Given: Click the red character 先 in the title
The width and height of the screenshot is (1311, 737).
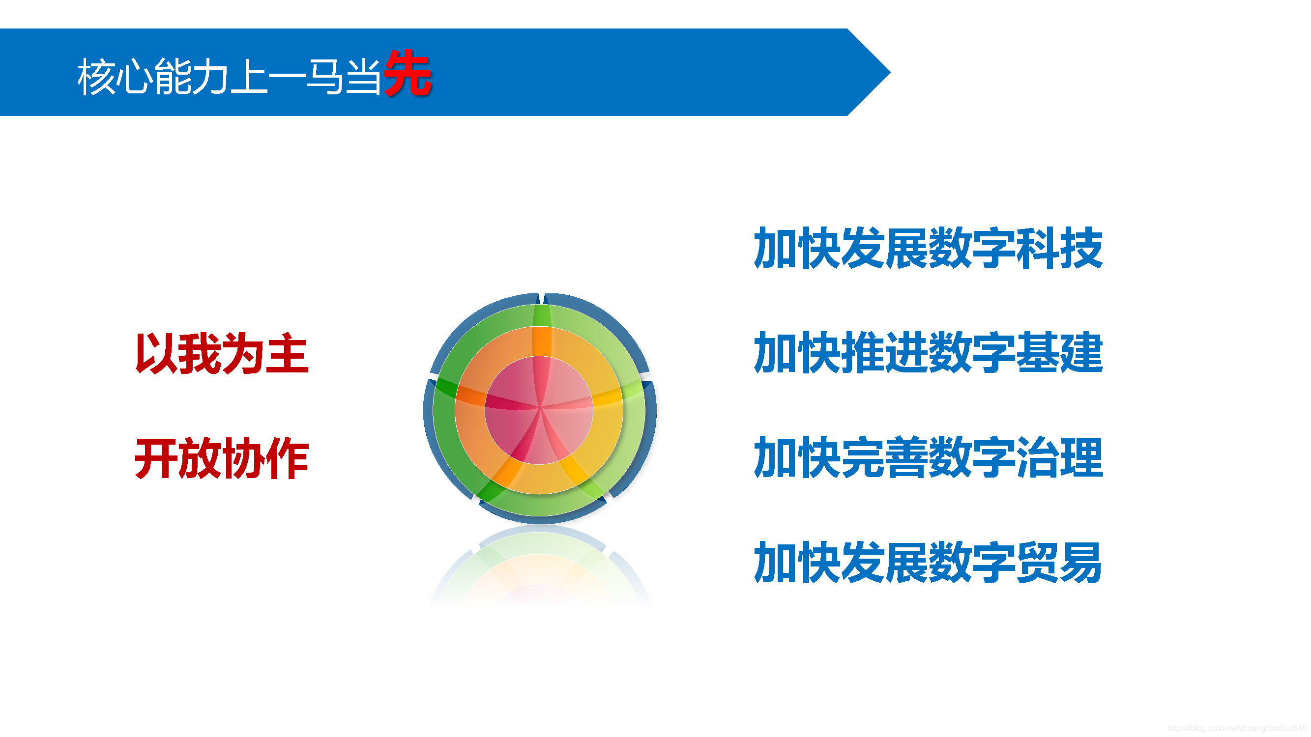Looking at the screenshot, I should click(408, 74).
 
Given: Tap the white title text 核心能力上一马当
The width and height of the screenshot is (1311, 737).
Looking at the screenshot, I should click(229, 76).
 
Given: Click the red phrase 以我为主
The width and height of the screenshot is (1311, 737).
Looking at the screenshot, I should click(222, 353).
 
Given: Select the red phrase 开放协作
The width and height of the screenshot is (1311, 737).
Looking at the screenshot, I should click(222, 458).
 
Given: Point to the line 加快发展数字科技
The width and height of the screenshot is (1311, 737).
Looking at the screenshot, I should click(928, 248).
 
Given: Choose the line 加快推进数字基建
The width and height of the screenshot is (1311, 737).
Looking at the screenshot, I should click(928, 352).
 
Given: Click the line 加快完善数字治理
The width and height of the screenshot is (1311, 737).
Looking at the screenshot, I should click(928, 457).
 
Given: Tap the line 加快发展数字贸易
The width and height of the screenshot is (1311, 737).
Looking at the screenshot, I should click(928, 562).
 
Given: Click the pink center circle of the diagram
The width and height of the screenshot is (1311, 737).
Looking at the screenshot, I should click(539, 409).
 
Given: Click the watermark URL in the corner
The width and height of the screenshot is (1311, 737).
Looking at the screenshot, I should click(1237, 728).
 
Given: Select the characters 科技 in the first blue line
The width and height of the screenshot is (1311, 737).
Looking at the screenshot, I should click(1060, 248).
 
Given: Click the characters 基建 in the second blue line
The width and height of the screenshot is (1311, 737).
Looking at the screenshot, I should click(1060, 352).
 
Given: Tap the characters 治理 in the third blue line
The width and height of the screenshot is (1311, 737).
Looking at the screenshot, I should click(1060, 457).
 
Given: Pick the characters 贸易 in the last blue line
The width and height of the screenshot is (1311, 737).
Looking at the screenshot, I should click(1060, 562).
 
